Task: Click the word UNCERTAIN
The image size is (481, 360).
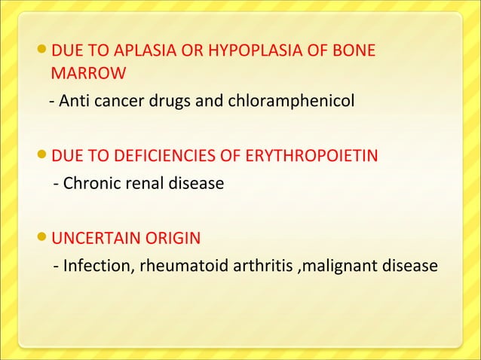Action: click(97, 239)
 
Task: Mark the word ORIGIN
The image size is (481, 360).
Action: click(173, 239)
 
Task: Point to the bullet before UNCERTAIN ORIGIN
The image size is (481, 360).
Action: click(41, 239)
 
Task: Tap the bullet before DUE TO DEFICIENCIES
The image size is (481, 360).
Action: click(41, 157)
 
